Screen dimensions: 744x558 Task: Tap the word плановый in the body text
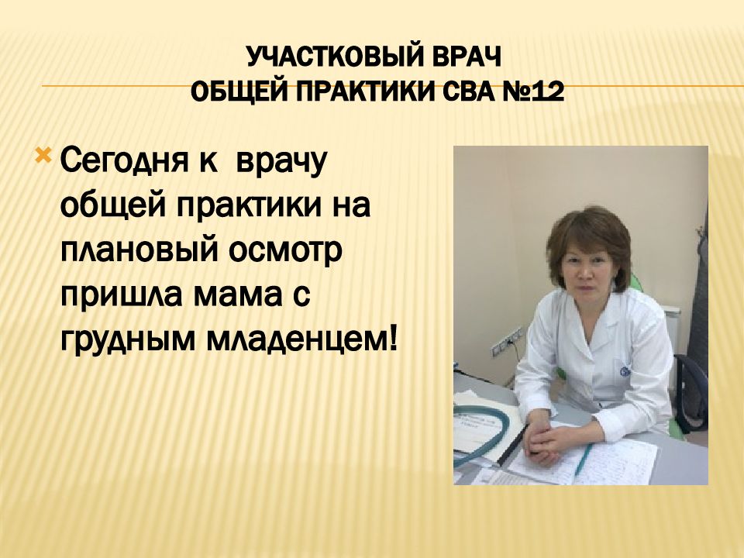tap(139, 252)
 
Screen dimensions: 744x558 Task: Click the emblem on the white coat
tap(625, 371)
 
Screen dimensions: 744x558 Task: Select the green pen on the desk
tap(583, 458)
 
